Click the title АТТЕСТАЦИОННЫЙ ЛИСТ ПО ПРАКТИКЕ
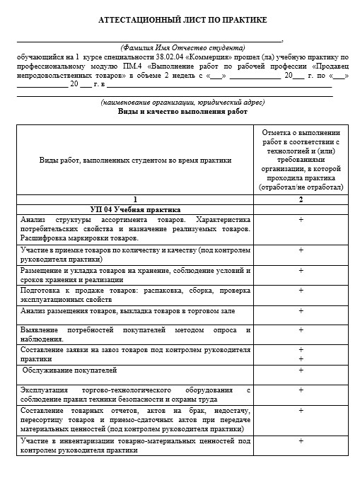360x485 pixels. coord(182,21)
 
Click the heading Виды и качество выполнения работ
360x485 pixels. coord(182,112)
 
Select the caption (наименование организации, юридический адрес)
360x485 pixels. coord(182,103)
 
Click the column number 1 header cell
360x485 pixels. coord(134,199)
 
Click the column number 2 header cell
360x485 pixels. coord(301,199)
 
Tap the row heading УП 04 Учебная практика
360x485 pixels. coord(135,209)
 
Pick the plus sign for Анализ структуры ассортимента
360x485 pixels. coord(301,220)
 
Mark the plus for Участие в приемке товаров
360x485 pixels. coord(301,250)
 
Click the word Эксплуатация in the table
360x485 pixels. coord(44,390)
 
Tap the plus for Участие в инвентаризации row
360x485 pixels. coord(301,440)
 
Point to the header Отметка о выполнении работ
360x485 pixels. coord(301,160)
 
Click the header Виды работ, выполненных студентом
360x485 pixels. coord(134,160)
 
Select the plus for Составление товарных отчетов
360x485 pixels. coord(301,410)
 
